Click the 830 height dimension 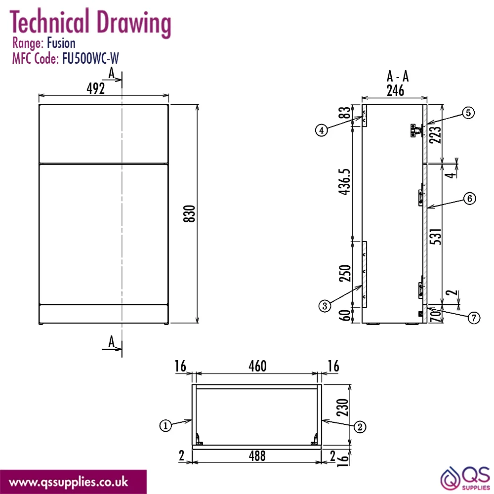tap(189, 213)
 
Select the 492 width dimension tap(96, 88)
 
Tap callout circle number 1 tap(165, 426)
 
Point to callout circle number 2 tap(360, 427)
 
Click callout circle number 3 tap(325, 306)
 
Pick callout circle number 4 tap(322, 130)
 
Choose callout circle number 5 tap(468, 113)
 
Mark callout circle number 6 tap(470, 199)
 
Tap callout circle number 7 tap(474, 318)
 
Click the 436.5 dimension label tap(345, 182)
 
